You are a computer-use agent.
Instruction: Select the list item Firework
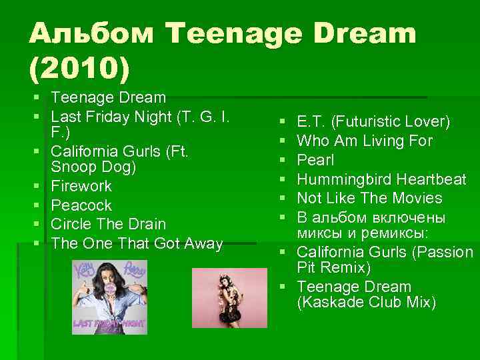click(81, 186)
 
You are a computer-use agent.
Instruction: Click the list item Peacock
click(81, 205)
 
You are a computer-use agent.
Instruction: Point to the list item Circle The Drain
click(109, 224)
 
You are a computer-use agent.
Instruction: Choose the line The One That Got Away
click(137, 243)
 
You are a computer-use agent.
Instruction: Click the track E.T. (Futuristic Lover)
click(373, 122)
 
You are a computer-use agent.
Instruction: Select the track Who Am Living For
click(365, 141)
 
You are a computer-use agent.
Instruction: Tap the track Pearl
click(315, 160)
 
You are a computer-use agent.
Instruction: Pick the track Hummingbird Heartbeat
click(381, 179)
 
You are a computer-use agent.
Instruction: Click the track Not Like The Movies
click(369, 198)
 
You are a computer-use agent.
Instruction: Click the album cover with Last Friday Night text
click(109, 297)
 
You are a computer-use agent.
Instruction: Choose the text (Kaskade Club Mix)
click(366, 303)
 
